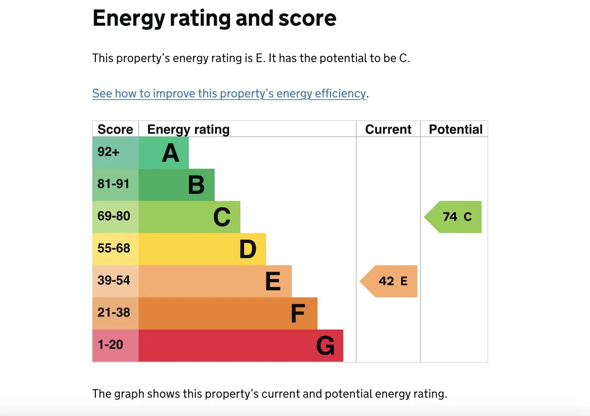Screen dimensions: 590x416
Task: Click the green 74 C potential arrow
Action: click(x=453, y=217)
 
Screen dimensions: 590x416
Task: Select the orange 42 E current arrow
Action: click(x=389, y=281)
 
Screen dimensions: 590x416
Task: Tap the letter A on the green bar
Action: click(x=171, y=152)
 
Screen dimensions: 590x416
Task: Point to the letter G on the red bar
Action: click(x=325, y=346)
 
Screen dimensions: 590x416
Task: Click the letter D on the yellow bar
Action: click(x=248, y=249)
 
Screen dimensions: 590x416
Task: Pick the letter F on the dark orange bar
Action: click(x=298, y=313)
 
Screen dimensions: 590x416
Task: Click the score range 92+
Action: click(x=108, y=152)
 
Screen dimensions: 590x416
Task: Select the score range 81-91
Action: click(x=113, y=184)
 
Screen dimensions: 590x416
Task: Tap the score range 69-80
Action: click(x=114, y=216)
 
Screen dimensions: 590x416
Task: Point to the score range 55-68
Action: click(x=114, y=248)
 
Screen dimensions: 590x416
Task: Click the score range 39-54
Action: click(x=114, y=280)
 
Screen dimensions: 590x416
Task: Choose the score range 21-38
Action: click(x=114, y=312)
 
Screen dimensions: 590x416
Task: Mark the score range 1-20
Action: click(x=110, y=345)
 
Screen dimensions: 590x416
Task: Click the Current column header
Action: click(x=388, y=129)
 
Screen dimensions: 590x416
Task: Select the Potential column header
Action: click(x=456, y=129)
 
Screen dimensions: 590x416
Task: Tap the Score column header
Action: click(x=115, y=129)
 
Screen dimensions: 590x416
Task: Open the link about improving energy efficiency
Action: click(x=229, y=94)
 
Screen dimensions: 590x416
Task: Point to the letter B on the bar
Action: click(x=196, y=185)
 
